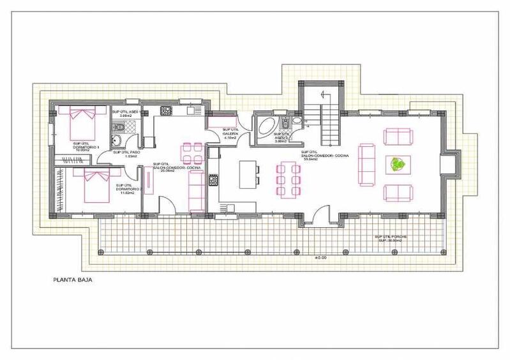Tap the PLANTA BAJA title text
click(x=71, y=278)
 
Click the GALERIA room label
click(x=230, y=133)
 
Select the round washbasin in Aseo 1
click(x=116, y=142)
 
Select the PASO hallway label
click(x=126, y=153)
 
